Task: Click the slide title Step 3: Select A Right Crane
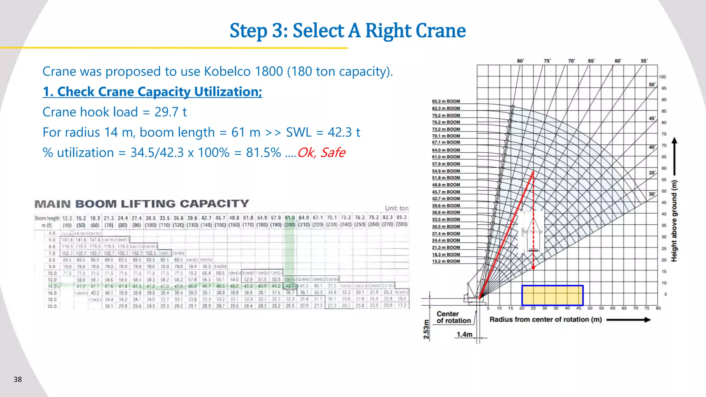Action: click(x=347, y=31)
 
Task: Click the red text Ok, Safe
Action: click(x=321, y=152)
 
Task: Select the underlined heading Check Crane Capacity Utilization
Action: click(x=152, y=92)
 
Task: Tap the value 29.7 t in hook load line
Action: click(x=170, y=112)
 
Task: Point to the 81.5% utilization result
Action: click(x=263, y=152)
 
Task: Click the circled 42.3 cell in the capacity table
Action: click(x=290, y=286)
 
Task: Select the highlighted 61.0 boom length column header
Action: click(x=290, y=221)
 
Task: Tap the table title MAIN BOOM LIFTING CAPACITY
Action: click(x=142, y=204)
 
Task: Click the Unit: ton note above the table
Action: click(x=396, y=208)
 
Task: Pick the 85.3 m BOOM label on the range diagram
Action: click(x=446, y=101)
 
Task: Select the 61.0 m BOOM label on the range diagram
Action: click(x=446, y=157)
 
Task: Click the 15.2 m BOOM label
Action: click(x=446, y=261)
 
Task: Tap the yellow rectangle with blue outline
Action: click(x=552, y=295)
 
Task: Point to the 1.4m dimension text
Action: click(x=464, y=334)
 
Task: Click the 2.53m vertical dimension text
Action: click(x=426, y=329)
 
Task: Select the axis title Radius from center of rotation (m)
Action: click(x=545, y=319)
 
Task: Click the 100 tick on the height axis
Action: click(x=662, y=77)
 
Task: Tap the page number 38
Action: click(x=18, y=379)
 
